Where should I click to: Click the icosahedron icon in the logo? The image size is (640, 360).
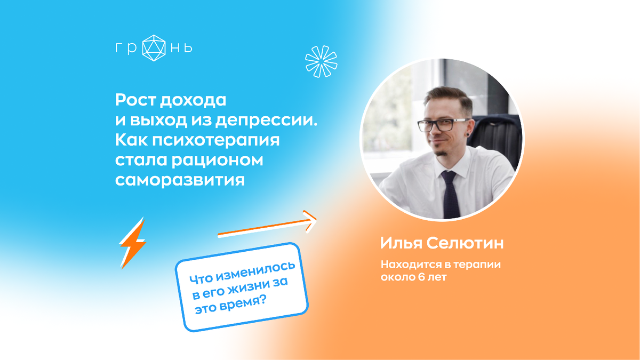point(154,48)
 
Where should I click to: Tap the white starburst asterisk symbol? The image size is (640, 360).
point(321,61)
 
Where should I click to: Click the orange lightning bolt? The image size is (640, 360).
point(132,243)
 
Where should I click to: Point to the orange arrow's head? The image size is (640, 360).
point(310,221)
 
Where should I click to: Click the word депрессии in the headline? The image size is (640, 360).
point(266,121)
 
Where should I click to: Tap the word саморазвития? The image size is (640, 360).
point(180,181)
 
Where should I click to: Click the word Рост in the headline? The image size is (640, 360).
point(135,100)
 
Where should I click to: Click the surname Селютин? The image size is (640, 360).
point(465,243)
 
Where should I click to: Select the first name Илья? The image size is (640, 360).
point(401,244)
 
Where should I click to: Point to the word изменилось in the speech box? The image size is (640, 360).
point(255,271)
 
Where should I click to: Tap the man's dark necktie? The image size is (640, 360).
point(451,194)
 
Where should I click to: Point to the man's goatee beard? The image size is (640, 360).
point(442,154)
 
